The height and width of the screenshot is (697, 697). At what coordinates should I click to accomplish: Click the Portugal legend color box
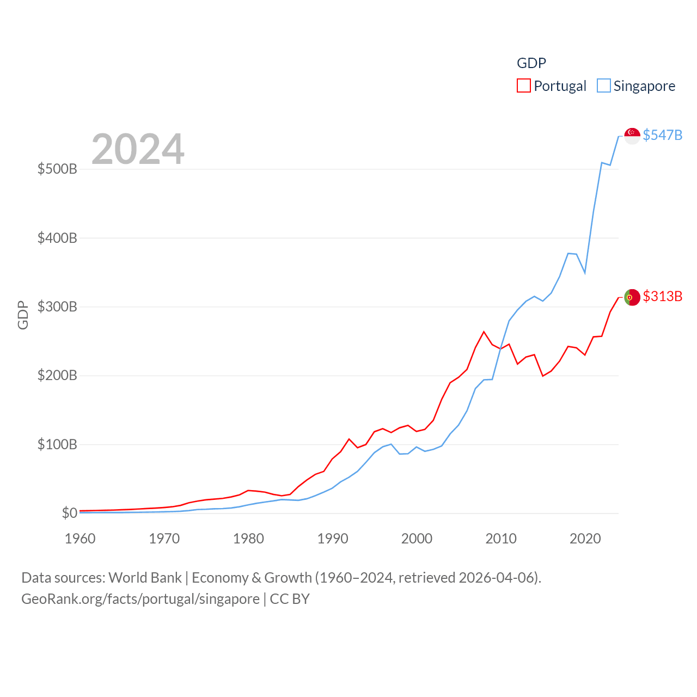(x=523, y=85)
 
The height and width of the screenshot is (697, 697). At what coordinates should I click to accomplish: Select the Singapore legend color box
(x=603, y=85)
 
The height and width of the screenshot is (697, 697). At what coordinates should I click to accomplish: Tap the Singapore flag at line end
(x=632, y=136)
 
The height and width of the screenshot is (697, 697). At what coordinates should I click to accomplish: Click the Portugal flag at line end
(x=632, y=297)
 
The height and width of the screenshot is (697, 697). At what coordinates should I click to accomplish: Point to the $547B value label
(x=662, y=135)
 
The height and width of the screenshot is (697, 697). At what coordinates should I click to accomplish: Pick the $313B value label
(x=662, y=296)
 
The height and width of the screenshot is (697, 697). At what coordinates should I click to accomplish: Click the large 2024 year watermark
(x=138, y=149)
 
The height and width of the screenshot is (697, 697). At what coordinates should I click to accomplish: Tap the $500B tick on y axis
(x=57, y=169)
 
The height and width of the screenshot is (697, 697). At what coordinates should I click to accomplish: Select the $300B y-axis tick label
(x=57, y=307)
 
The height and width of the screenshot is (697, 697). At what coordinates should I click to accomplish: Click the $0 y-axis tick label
(x=69, y=513)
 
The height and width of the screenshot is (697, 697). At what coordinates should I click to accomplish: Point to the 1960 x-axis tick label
(x=80, y=539)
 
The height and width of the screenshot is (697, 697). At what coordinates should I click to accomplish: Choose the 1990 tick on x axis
(x=333, y=539)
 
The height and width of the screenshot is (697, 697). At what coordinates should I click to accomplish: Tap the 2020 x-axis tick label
(x=585, y=539)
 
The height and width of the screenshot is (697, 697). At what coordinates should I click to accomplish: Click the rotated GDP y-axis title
(x=23, y=315)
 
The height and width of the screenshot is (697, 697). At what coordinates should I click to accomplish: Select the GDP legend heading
(x=531, y=63)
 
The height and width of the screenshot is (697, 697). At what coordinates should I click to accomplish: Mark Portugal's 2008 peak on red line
(x=484, y=332)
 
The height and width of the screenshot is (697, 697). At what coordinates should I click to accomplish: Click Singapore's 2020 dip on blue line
(x=585, y=272)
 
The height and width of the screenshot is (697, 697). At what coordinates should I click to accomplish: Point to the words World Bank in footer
(x=145, y=577)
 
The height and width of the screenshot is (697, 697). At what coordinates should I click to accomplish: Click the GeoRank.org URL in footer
(x=140, y=599)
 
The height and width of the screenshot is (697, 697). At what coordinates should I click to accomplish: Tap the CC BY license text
(x=290, y=599)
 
